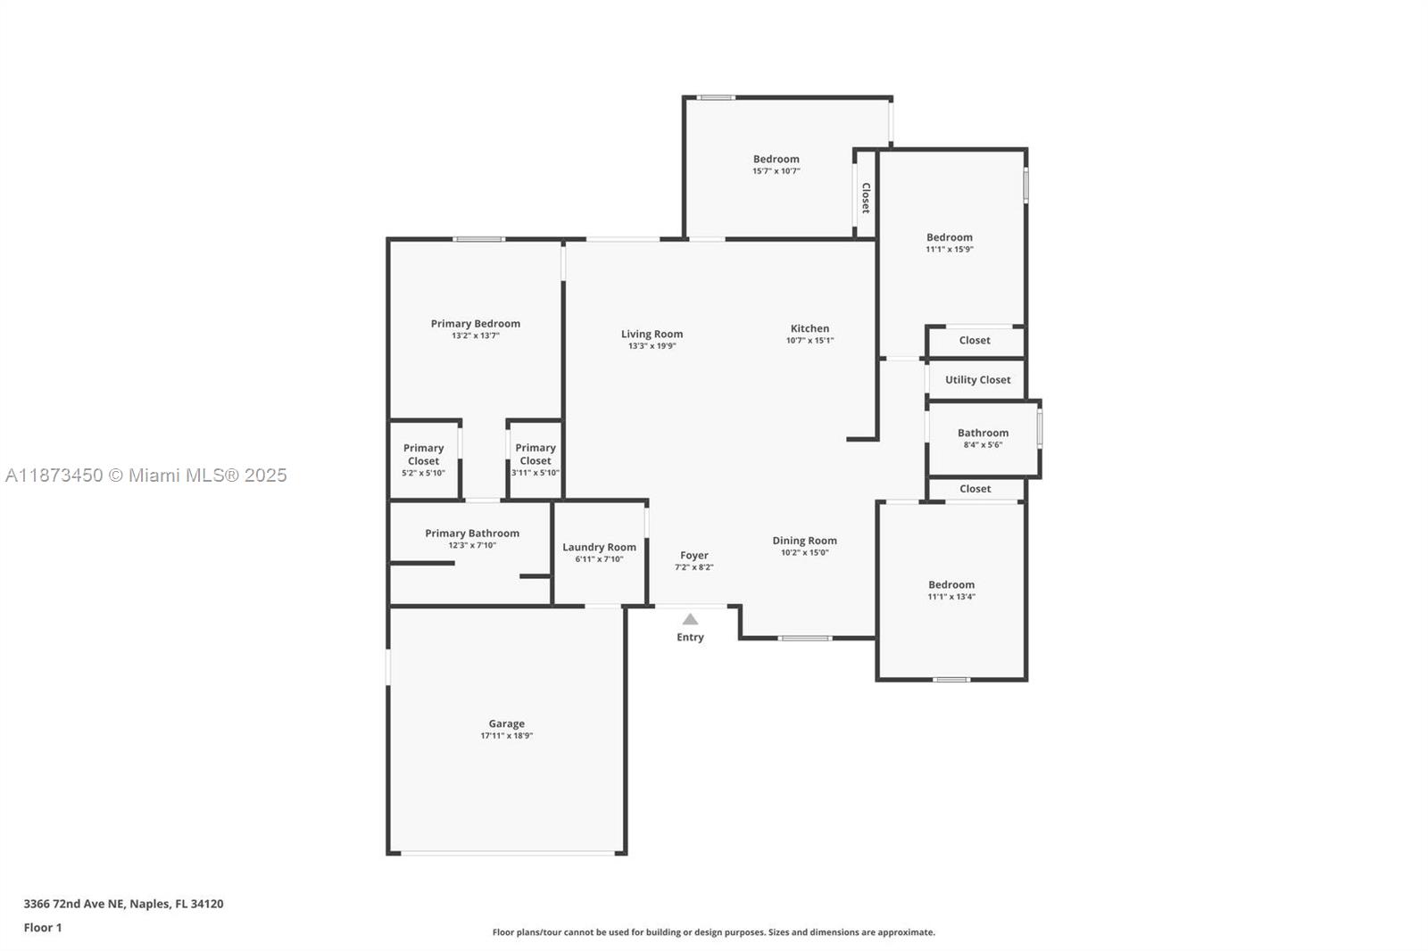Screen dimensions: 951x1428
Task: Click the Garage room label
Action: [x=506, y=724]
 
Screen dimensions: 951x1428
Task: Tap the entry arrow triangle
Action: [x=690, y=619]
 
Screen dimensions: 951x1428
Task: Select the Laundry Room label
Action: [x=599, y=547]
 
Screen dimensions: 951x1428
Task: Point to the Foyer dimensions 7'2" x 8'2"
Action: [x=693, y=567]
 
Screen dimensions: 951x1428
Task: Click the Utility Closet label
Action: [x=977, y=380]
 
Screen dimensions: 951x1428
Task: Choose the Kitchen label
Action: [x=809, y=328]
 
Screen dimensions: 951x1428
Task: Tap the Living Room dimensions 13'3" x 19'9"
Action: [x=652, y=346]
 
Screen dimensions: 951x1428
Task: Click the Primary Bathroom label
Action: [x=471, y=533]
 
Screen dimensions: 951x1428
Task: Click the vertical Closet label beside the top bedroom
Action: [x=865, y=198]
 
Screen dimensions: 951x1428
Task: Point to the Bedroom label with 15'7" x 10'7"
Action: [x=776, y=159]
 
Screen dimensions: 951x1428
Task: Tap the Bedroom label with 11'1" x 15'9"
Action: [x=949, y=237]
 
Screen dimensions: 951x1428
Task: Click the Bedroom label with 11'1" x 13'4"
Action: [x=951, y=585]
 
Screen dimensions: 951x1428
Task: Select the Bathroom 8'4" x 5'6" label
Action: [x=983, y=434]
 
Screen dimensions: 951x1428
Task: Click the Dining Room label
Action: [x=804, y=541]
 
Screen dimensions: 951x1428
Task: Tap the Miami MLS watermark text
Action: [x=146, y=475]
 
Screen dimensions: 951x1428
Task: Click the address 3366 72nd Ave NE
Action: [x=123, y=904]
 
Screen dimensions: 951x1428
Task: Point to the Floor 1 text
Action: [x=43, y=928]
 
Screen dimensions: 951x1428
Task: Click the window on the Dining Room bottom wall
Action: [x=805, y=638]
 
